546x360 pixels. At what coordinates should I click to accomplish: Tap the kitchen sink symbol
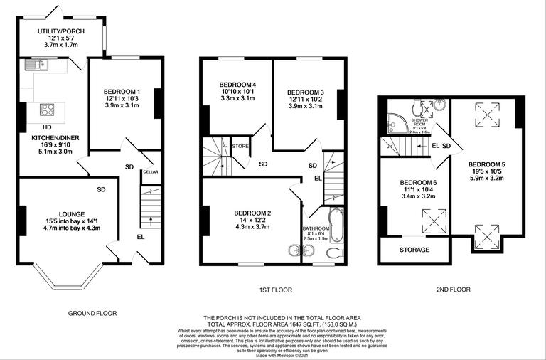point(35,66)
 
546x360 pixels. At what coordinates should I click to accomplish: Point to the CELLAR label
point(150,171)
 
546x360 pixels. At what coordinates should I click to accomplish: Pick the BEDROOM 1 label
point(122,92)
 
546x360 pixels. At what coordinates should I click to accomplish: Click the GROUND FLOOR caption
point(92,313)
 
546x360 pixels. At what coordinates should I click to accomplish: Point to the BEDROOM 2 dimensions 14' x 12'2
point(252,221)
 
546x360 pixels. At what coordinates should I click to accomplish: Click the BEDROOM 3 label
point(305,92)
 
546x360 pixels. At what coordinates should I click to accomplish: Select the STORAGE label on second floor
point(414,250)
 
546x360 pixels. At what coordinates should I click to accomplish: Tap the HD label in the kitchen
point(46,127)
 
